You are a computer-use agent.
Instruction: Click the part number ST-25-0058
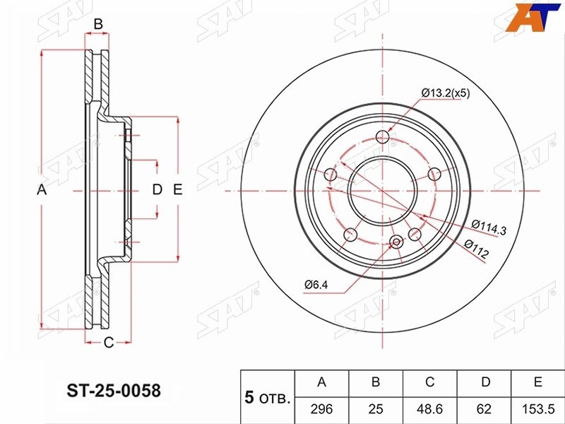click(x=114, y=391)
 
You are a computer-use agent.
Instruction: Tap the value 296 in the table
click(x=321, y=409)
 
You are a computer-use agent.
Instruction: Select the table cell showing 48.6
click(x=429, y=409)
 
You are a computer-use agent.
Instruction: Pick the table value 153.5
click(x=538, y=409)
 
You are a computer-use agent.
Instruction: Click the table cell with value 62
click(x=484, y=409)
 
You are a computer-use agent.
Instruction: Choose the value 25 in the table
click(x=376, y=409)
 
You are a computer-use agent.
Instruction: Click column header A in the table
click(x=321, y=382)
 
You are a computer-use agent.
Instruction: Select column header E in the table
click(x=538, y=382)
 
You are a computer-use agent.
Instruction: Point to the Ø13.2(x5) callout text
click(x=446, y=93)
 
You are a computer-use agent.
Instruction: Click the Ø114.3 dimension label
click(x=489, y=227)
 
